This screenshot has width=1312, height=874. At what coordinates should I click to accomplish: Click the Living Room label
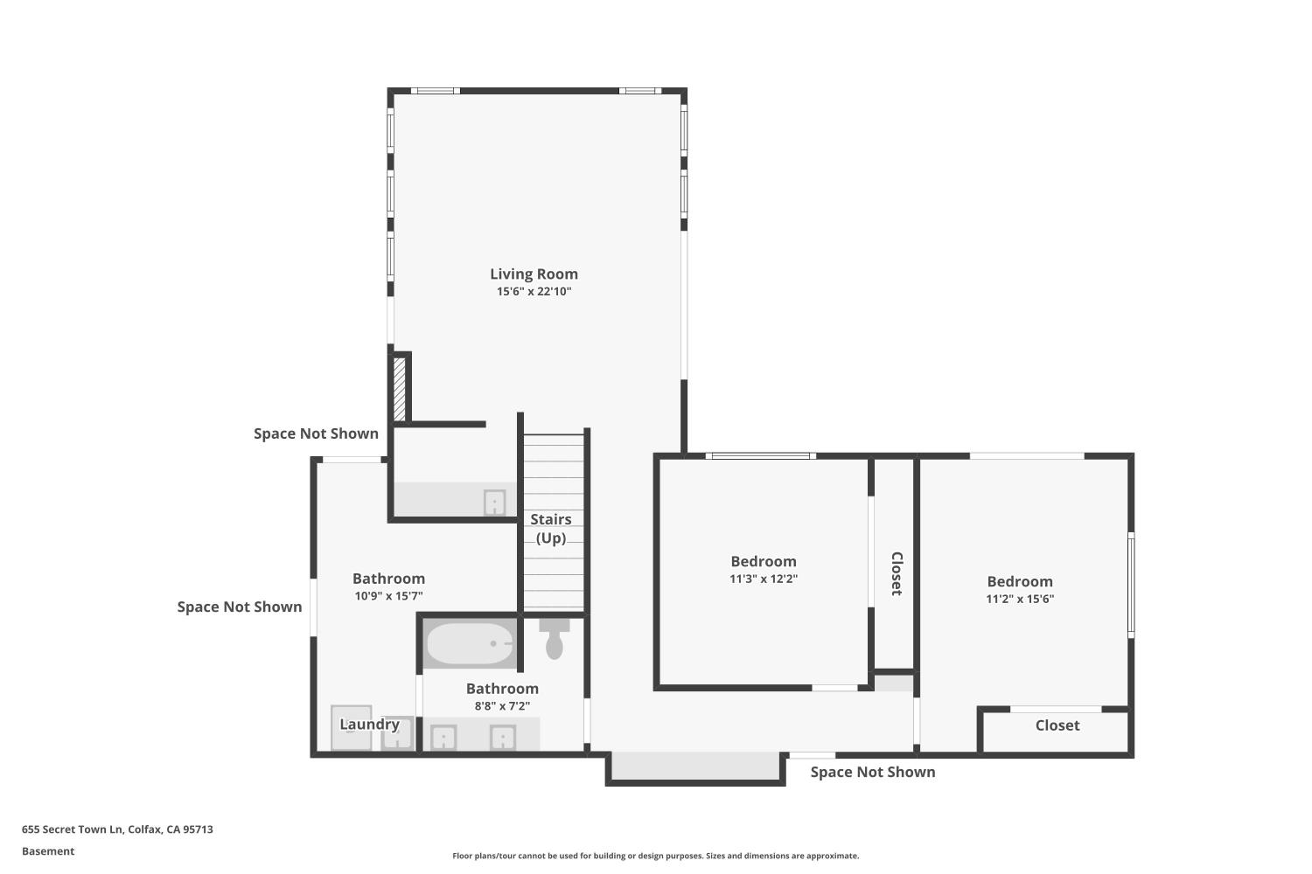point(534,274)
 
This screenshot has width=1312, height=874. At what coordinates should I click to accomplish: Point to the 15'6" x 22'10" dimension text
point(534,292)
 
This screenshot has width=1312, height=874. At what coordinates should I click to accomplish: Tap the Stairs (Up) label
point(550,529)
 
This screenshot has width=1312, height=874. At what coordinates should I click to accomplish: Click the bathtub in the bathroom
point(471,643)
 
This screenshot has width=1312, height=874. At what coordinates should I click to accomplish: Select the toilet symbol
point(554,639)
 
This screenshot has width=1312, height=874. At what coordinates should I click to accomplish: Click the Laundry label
point(370,725)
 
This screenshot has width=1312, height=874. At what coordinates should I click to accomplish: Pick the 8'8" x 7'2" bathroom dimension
point(502,706)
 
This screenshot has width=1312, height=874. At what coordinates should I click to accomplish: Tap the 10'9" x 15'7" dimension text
point(388,596)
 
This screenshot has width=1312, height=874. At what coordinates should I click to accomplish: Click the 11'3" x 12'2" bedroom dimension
point(764,579)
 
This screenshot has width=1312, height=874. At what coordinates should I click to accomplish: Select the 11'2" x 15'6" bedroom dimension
point(1020,599)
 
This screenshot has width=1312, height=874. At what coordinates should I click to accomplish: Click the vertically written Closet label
point(897,573)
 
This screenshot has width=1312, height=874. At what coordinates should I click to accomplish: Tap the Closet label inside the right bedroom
point(1057,725)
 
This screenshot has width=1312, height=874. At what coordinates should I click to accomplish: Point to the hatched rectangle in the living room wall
point(400,389)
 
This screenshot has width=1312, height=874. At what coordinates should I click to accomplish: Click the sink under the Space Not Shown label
point(494,503)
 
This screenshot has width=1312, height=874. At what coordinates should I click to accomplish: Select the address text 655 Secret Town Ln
point(72,829)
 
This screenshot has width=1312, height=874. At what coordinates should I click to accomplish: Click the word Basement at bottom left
point(48,851)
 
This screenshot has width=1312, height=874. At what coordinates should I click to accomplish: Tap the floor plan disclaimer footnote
point(655,856)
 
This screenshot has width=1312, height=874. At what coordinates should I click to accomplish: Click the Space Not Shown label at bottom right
point(873,772)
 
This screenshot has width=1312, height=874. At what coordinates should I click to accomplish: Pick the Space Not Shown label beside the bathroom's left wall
point(240,607)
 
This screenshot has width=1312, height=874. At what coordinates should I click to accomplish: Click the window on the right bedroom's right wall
point(1131,586)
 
